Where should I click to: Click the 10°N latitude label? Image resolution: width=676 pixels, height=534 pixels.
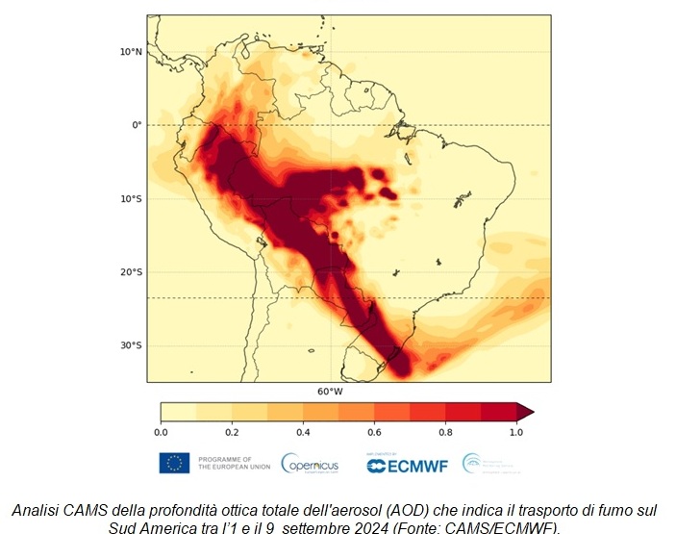[x=132, y=52]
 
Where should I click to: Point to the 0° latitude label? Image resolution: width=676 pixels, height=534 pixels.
[x=137, y=125]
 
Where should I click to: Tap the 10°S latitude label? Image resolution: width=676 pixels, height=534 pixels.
[x=132, y=199]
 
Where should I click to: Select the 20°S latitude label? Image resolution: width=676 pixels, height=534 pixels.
[x=132, y=272]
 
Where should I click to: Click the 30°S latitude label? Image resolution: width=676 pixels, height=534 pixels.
[x=132, y=345]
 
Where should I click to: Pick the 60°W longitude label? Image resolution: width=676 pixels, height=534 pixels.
[x=330, y=392]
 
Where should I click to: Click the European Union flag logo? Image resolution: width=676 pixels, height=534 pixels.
[x=174, y=464]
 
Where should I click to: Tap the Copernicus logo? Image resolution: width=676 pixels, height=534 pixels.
[x=310, y=465]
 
